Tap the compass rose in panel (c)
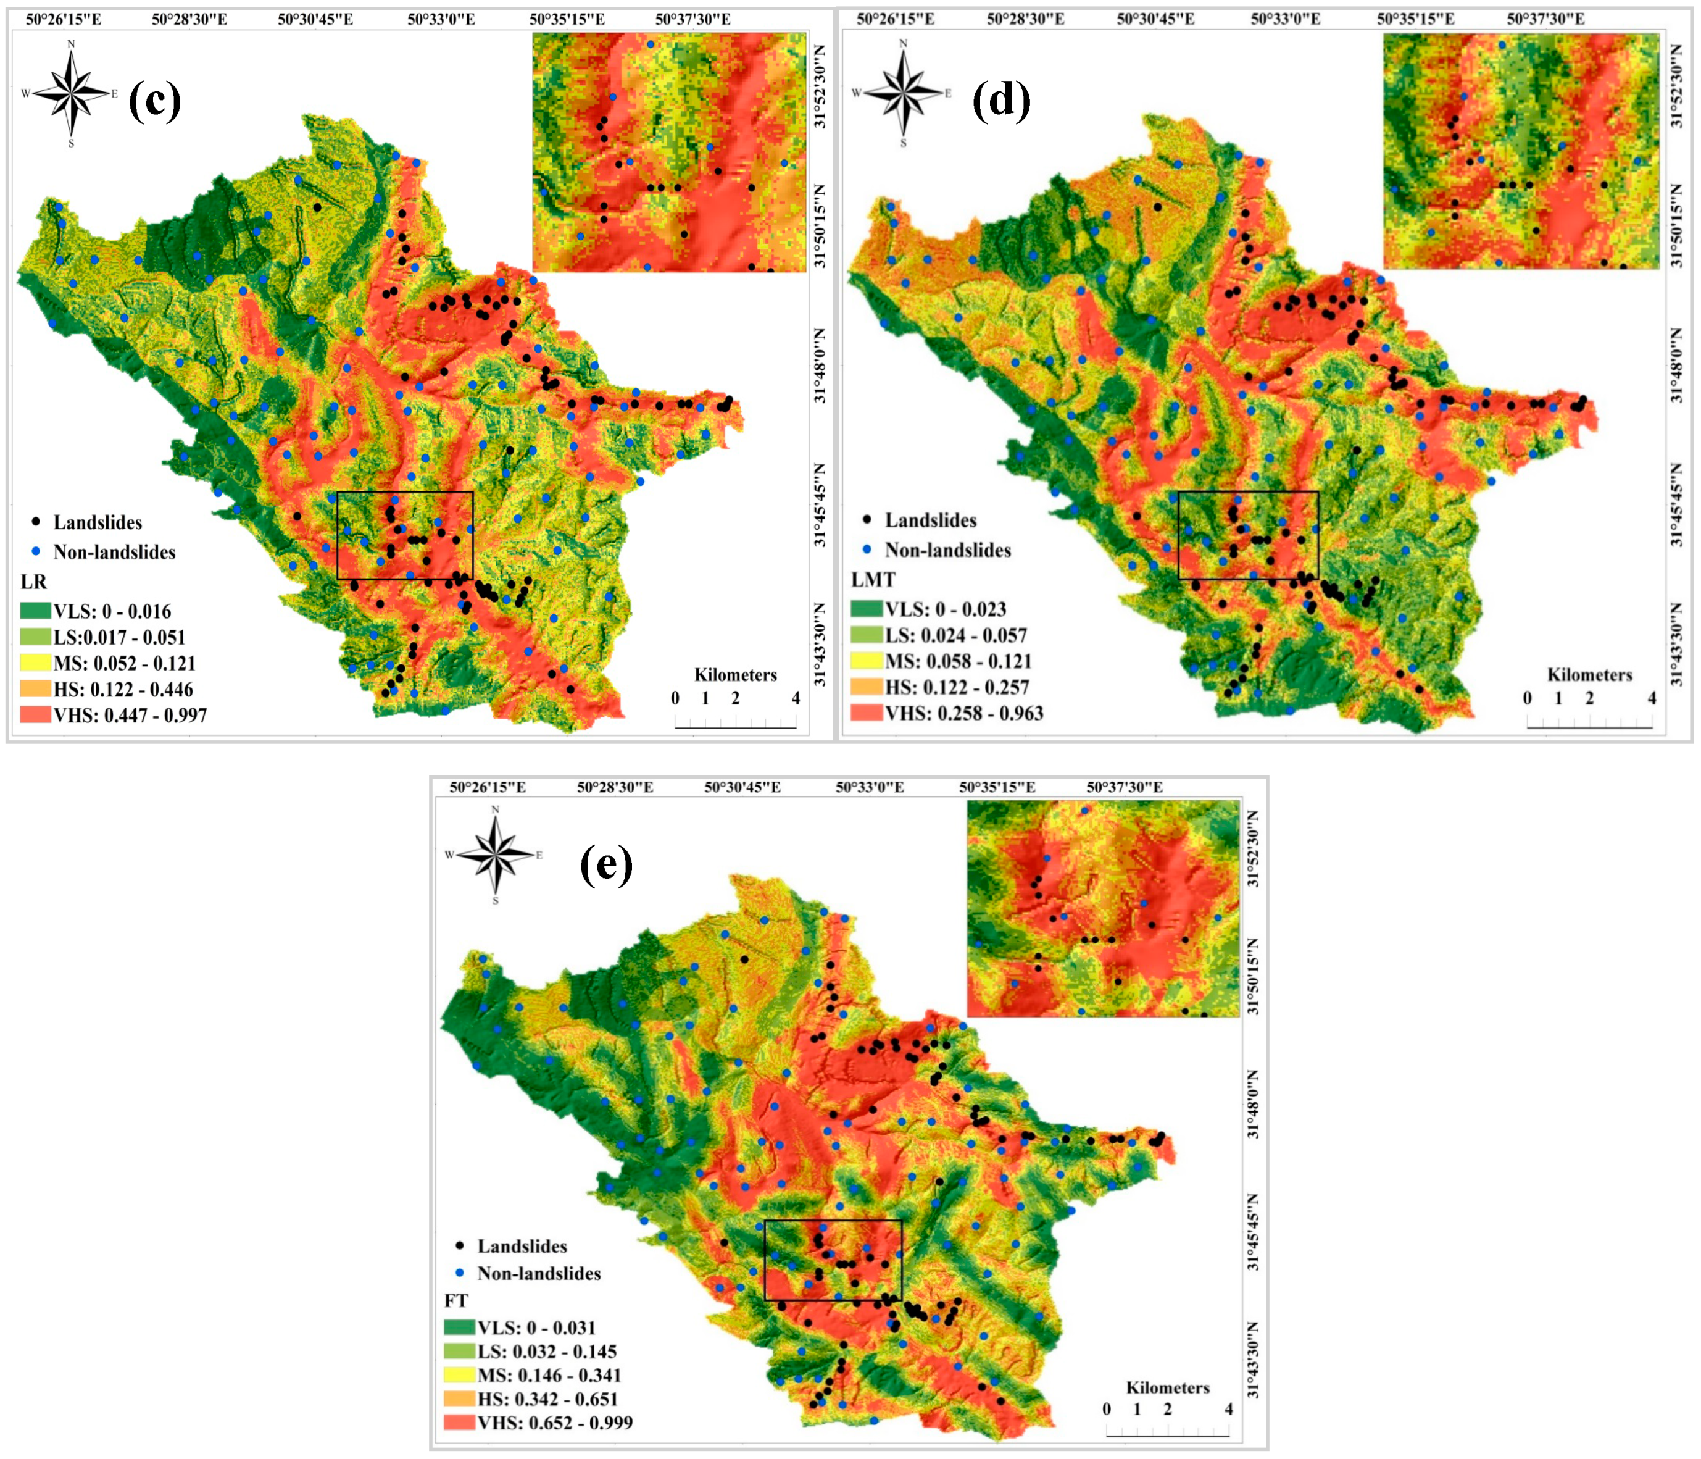72,93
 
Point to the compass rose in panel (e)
495,855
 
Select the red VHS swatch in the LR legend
35,715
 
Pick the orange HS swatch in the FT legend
460,1398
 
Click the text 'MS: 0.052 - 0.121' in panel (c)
125,663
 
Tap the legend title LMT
873,580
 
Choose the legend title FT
457,1300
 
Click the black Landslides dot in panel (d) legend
867,520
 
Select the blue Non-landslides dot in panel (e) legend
460,1273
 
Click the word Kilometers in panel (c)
736,675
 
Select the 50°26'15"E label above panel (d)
895,19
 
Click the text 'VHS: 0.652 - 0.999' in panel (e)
555,1422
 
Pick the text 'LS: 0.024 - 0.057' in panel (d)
955,635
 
